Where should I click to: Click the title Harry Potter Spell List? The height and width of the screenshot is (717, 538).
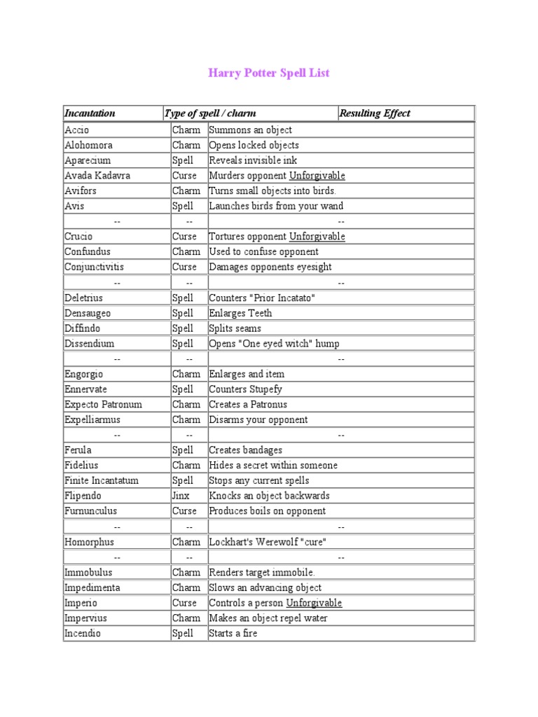pyautogui.click(x=268, y=73)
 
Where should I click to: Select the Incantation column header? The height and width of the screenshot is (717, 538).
pyautogui.click(x=90, y=113)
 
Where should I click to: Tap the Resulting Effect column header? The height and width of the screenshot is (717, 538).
pyautogui.click(x=375, y=113)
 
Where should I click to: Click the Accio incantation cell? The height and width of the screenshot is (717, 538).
pyautogui.click(x=77, y=130)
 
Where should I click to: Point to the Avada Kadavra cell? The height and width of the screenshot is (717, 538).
pyautogui.click(x=97, y=176)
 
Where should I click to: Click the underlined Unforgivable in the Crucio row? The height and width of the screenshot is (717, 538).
pyautogui.click(x=317, y=237)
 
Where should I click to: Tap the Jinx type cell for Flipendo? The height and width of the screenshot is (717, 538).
pyautogui.click(x=181, y=496)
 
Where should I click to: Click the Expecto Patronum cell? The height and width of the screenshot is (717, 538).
pyautogui.click(x=103, y=405)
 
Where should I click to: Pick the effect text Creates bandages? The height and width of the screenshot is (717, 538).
pyautogui.click(x=245, y=450)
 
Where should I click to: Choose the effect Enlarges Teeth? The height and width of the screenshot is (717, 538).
pyautogui.click(x=240, y=313)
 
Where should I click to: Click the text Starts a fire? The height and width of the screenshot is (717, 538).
pyautogui.click(x=233, y=634)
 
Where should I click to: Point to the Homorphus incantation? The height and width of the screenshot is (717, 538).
pyautogui.click(x=89, y=542)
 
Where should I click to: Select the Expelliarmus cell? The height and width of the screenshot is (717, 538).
pyautogui.click(x=92, y=420)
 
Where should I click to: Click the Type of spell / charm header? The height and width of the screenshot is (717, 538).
pyautogui.click(x=210, y=113)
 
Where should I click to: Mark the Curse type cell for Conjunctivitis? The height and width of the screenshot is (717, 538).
pyautogui.click(x=185, y=267)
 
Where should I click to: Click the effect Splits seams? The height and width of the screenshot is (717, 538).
pyautogui.click(x=235, y=328)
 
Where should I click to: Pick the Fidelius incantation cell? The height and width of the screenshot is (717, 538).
pyautogui.click(x=82, y=465)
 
